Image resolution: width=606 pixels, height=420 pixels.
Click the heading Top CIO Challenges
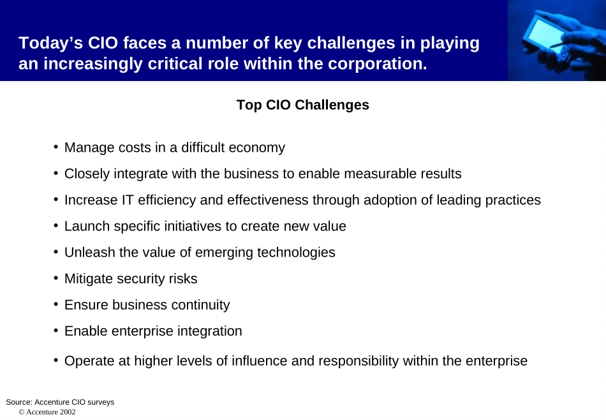tap(302, 105)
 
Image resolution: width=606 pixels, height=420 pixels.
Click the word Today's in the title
tap(50, 43)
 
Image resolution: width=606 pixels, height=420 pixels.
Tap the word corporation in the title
tap(377, 64)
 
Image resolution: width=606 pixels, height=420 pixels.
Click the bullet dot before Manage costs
tap(56, 147)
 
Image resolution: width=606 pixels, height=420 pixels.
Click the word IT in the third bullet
tap(128, 200)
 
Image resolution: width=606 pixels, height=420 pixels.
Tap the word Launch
tap(87, 226)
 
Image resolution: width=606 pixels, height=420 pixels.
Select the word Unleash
tap(90, 252)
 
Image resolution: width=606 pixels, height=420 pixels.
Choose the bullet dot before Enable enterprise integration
tap(56, 331)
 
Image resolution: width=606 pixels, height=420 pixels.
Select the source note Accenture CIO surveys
tap(74, 402)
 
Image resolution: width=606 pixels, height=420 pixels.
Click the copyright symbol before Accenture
tap(22, 412)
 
